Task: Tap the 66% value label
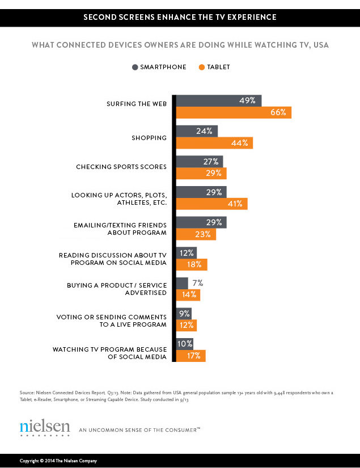click(278, 112)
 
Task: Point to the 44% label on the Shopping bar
click(239, 143)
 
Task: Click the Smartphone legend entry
click(159, 67)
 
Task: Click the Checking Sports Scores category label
click(121, 167)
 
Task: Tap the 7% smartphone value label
click(197, 283)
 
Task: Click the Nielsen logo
click(45, 427)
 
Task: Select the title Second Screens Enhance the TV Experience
click(180, 17)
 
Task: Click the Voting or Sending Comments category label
click(112, 320)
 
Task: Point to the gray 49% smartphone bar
click(219, 100)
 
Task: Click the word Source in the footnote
click(27, 391)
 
